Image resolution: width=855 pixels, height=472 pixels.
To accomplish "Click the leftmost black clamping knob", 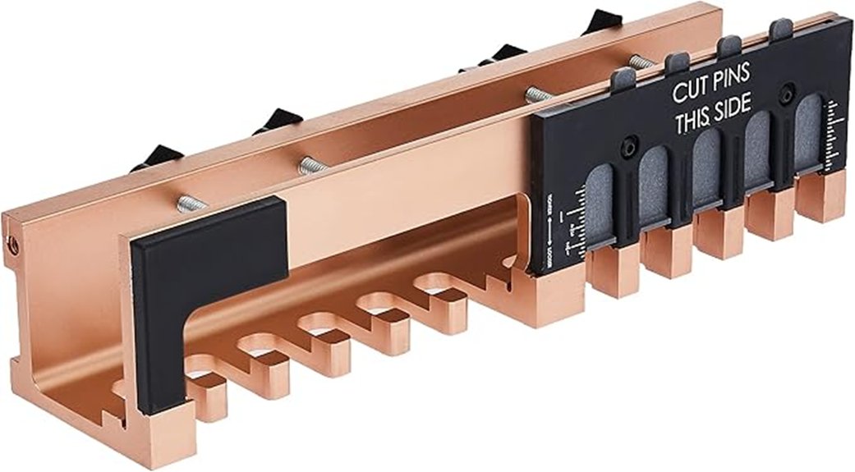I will coord(156,156).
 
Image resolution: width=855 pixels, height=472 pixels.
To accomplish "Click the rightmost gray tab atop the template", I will coord(781,30).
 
